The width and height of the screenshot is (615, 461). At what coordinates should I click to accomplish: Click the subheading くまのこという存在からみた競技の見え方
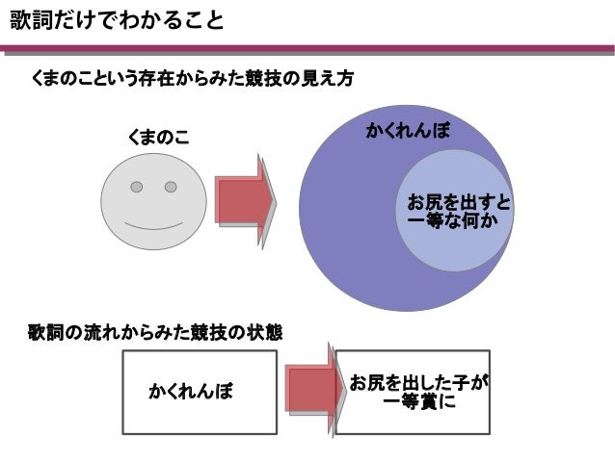193,80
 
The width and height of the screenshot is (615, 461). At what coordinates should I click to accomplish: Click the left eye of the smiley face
138,186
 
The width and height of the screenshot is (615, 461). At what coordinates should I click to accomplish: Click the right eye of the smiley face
171,186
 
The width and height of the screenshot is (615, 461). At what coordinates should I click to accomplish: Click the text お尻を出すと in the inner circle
459,204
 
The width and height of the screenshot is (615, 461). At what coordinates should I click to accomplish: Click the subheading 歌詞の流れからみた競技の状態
154,333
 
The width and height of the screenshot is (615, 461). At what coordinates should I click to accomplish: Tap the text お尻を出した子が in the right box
418,384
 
